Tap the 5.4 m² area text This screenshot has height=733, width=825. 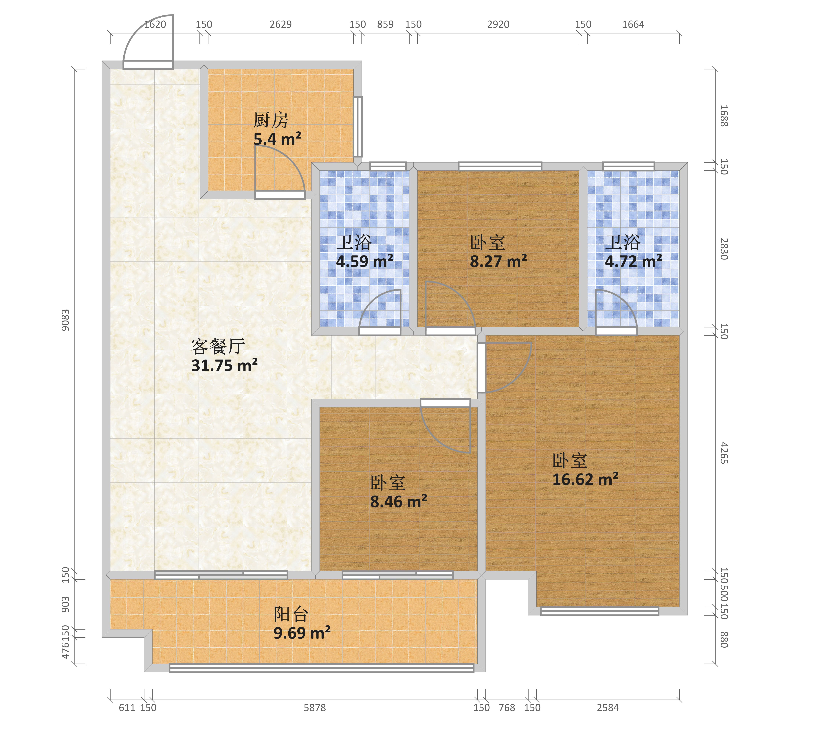click(x=277, y=139)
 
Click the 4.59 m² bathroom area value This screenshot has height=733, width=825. click(x=364, y=261)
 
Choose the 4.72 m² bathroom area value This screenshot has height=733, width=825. click(x=633, y=261)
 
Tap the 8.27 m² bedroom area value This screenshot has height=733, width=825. click(x=498, y=261)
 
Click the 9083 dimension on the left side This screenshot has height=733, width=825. click(x=65, y=320)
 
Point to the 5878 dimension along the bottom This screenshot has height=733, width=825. click(x=315, y=708)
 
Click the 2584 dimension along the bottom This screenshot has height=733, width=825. click(x=608, y=708)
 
